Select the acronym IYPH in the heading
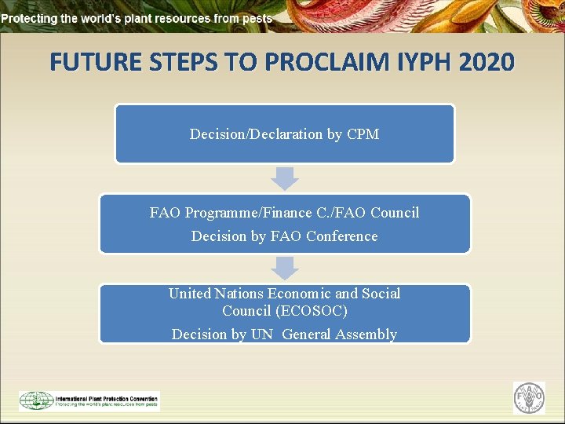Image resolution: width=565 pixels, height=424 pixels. [x=408, y=62]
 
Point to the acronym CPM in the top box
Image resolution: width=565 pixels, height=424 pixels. [x=363, y=134]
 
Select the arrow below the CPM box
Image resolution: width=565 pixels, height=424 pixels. [x=285, y=178]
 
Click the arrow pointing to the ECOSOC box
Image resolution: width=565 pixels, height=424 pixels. [x=285, y=269]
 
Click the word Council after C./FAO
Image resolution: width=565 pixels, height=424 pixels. [x=395, y=213]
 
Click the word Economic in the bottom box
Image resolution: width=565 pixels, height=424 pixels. [x=301, y=294]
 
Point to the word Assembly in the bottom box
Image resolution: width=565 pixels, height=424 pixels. [x=366, y=334]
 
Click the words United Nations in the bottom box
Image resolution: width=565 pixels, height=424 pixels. [x=216, y=294]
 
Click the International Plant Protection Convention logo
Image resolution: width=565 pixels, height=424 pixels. [x=89, y=400]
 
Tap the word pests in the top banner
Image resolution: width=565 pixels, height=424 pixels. [x=257, y=18]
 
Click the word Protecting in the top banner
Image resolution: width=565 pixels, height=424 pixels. [x=27, y=18]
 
